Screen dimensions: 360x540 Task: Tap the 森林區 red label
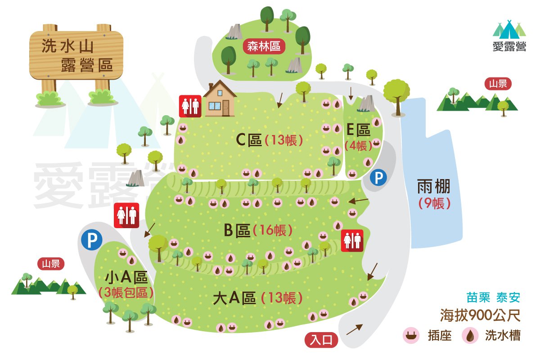264,46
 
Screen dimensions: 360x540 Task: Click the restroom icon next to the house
190,106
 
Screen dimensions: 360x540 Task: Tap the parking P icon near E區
378,178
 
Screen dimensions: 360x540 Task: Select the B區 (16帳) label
258,231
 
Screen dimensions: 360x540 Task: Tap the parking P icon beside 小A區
92,240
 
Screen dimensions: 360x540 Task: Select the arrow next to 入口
354,329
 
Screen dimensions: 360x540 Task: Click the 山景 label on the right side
498,84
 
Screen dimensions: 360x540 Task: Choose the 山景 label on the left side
51,264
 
